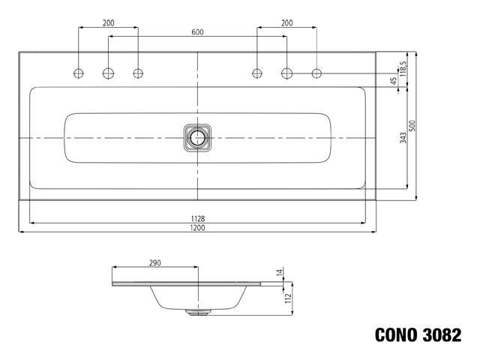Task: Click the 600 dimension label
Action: [x=197, y=31]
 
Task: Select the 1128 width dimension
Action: [x=197, y=218]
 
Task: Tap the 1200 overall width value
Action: [x=197, y=227]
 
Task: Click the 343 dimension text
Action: [x=403, y=137]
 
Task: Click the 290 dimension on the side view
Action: [x=154, y=263]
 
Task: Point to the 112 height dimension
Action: [x=287, y=297]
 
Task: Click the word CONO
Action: [x=397, y=335]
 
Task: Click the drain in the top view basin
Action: [x=197, y=137]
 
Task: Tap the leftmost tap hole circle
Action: [x=79, y=73]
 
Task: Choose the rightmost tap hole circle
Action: [x=316, y=73]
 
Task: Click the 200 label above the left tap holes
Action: [x=108, y=23]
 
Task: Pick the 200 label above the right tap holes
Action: [x=286, y=23]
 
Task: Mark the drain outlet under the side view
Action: [x=197, y=313]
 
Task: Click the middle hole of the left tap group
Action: [x=108, y=73]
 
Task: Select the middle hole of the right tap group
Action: [x=286, y=73]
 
